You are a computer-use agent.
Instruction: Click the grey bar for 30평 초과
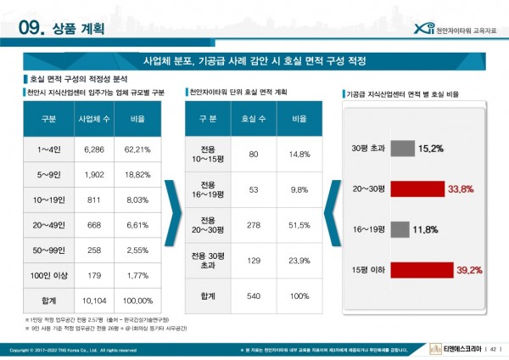(x=403, y=149)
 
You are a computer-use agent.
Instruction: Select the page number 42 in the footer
(x=494, y=349)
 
